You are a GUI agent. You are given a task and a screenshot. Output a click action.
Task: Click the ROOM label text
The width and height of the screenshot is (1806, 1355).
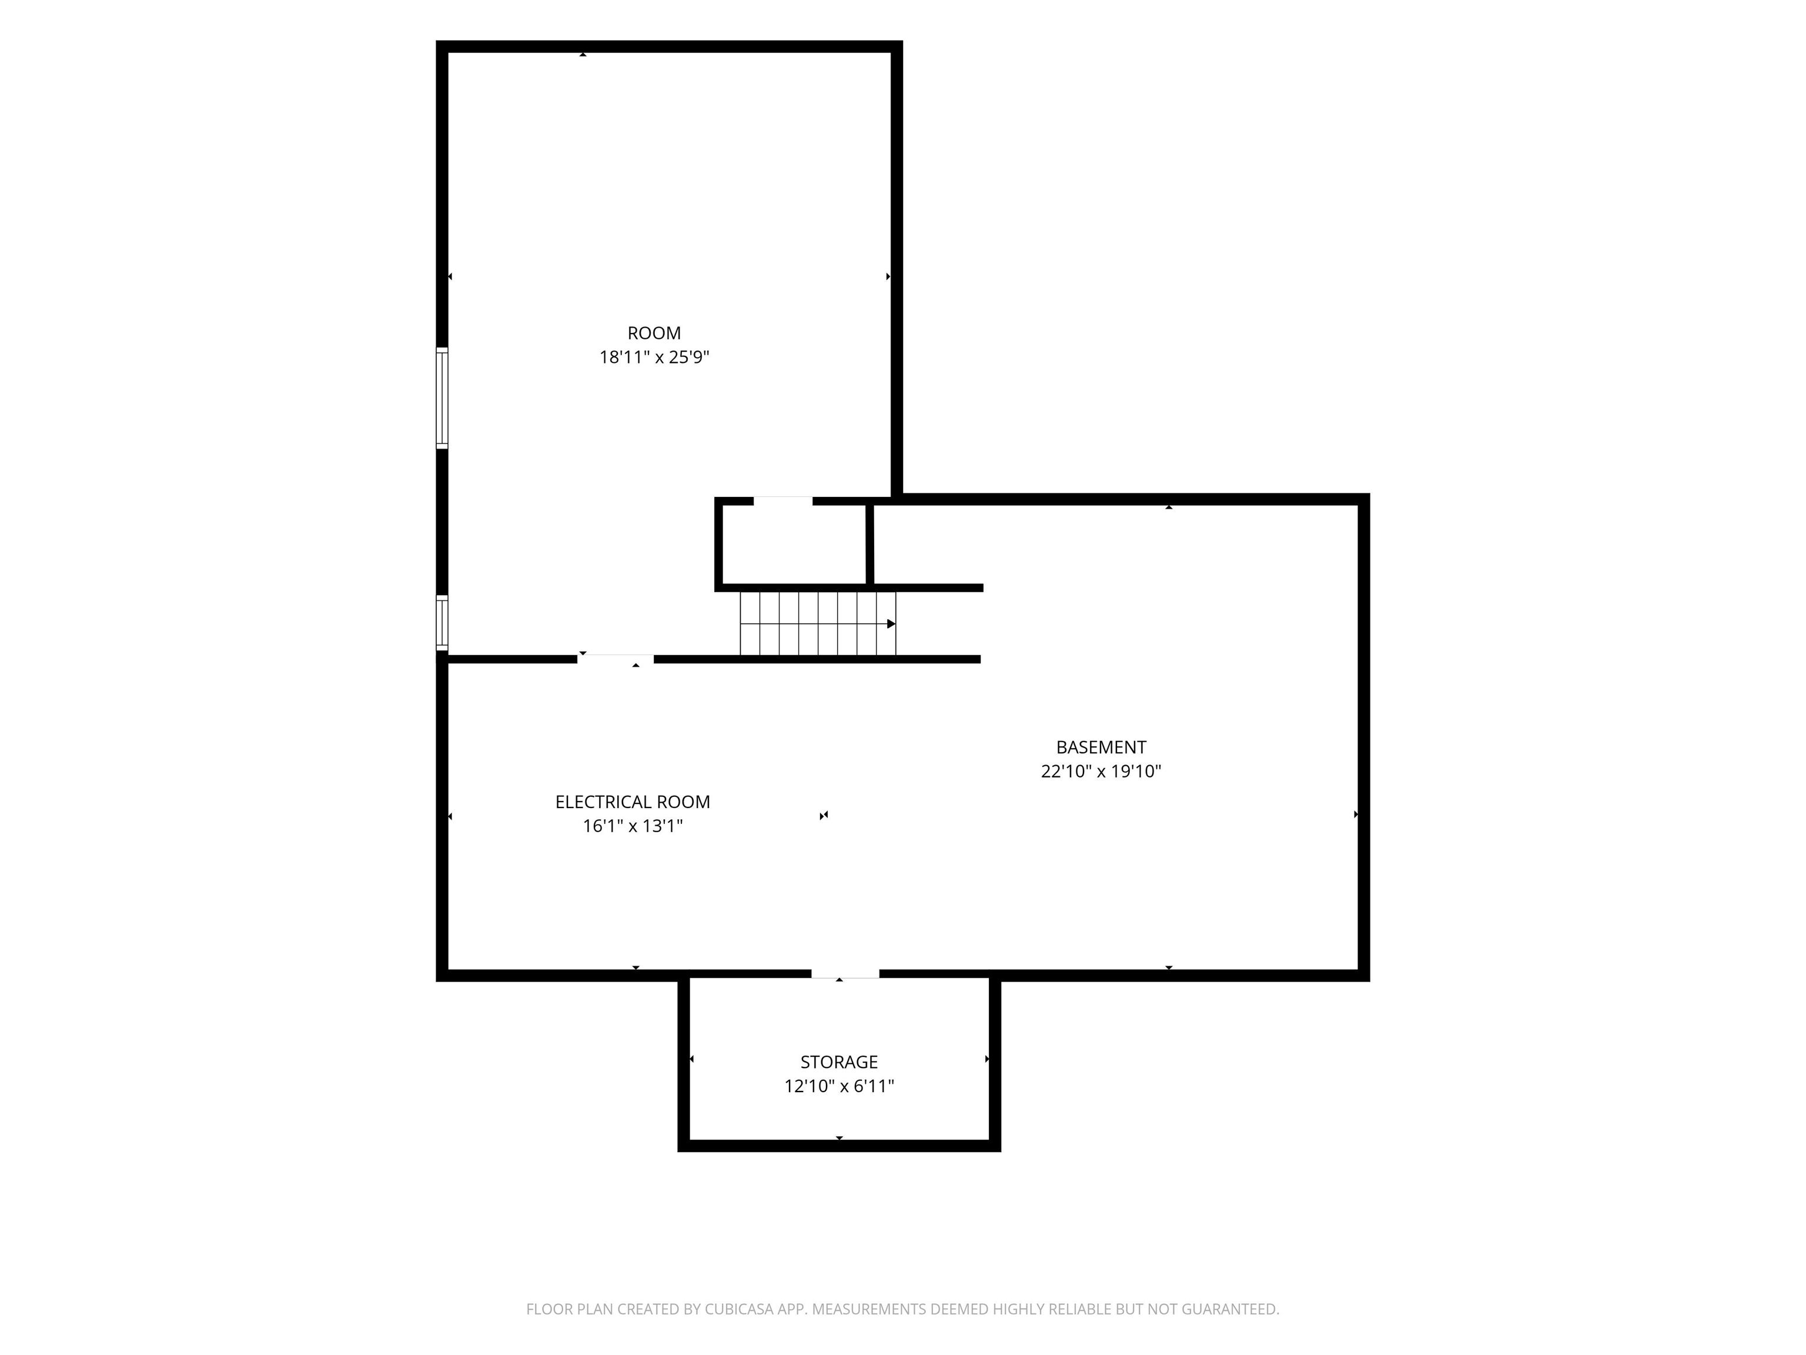(654, 333)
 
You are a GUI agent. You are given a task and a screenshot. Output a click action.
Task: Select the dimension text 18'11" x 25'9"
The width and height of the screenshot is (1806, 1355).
(654, 357)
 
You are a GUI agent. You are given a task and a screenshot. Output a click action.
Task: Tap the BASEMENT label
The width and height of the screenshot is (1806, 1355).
(1101, 747)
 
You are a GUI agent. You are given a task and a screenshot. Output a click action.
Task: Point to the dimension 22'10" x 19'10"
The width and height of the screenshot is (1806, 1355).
(1101, 771)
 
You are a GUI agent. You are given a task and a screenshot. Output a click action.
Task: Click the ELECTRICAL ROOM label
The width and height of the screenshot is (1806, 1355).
(633, 802)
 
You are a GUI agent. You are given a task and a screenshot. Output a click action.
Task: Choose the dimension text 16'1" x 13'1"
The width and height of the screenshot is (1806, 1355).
(633, 826)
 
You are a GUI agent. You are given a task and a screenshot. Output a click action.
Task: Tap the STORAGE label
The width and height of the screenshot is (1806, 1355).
(840, 1062)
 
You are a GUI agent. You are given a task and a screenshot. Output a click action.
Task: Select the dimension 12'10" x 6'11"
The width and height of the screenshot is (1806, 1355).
(840, 1086)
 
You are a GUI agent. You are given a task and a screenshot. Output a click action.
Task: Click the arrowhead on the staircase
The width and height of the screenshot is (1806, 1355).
(892, 624)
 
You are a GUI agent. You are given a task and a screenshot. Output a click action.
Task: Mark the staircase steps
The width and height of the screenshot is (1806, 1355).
(818, 624)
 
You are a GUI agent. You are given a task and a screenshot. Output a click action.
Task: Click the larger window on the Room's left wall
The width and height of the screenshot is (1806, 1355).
(442, 399)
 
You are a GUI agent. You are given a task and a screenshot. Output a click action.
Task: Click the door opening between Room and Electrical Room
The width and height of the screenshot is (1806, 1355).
(616, 659)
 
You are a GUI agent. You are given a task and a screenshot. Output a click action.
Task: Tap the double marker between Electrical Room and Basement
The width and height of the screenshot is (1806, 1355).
(824, 815)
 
